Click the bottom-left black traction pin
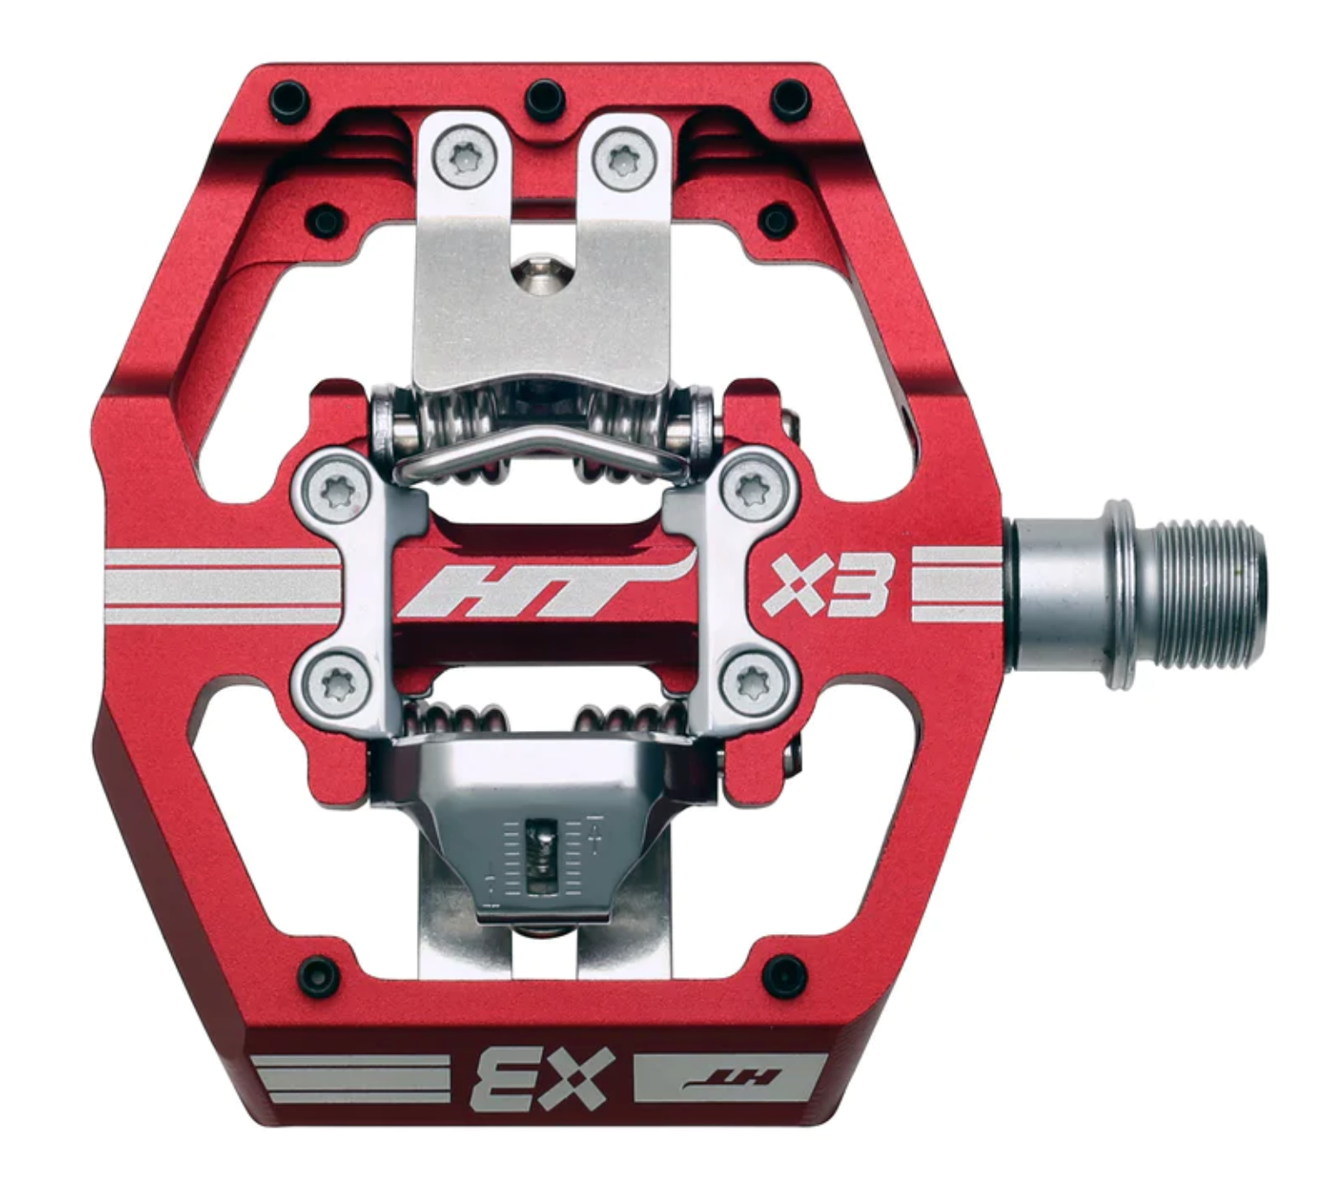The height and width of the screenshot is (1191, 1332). tap(318, 969)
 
